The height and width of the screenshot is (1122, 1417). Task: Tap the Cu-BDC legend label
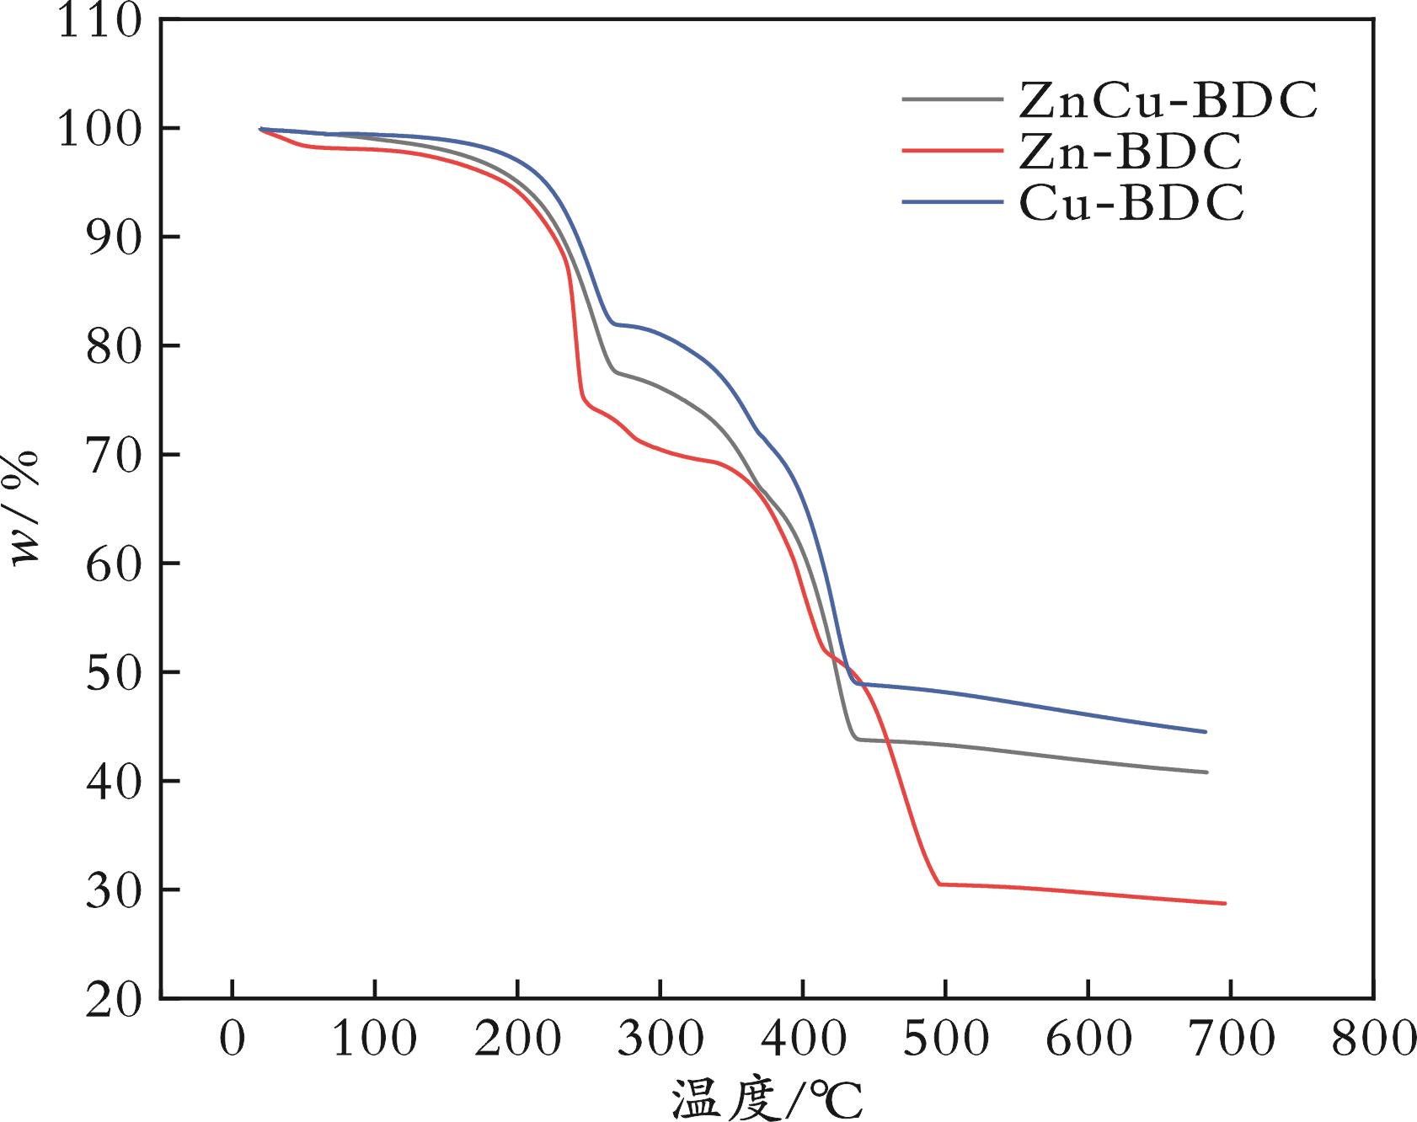[1130, 203]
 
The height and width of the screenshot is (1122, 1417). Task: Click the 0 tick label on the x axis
[232, 1040]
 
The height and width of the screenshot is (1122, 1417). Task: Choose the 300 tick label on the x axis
[660, 1040]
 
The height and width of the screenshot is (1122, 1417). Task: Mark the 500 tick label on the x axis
[945, 1040]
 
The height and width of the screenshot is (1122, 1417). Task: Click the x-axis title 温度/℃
[767, 1097]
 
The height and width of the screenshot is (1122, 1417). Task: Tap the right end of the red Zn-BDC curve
[1225, 903]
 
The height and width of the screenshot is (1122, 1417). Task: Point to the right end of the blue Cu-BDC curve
[1206, 732]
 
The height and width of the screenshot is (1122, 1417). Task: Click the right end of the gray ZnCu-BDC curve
[1206, 772]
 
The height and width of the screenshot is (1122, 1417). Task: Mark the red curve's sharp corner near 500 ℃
[939, 884]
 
